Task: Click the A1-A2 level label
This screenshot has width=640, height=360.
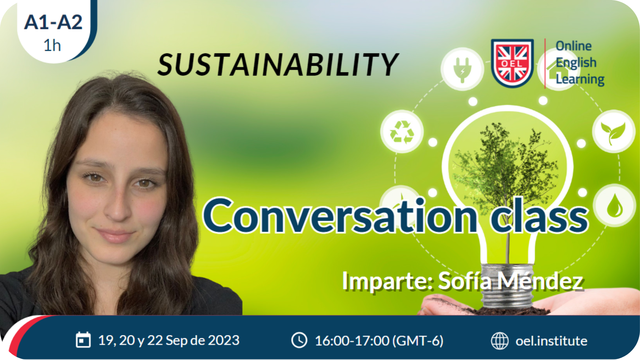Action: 53,22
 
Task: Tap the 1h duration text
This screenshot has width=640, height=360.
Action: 52,45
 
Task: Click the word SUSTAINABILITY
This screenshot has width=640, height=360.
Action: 278,64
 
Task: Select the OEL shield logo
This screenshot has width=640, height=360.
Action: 512,63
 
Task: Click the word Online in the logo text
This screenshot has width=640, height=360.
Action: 574,46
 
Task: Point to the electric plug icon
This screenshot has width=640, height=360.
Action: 462,69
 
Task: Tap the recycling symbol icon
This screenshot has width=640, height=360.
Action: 402,131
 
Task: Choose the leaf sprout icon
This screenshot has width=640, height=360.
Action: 613,131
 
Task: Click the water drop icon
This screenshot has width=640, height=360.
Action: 614,206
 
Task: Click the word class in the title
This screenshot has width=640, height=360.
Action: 539,215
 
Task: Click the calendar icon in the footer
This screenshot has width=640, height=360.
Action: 83,340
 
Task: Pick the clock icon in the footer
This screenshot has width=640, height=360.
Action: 299,340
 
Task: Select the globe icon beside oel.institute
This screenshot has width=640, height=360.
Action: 500,341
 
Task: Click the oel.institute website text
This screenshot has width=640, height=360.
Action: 551,341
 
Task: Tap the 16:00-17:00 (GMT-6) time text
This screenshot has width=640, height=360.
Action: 379,341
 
